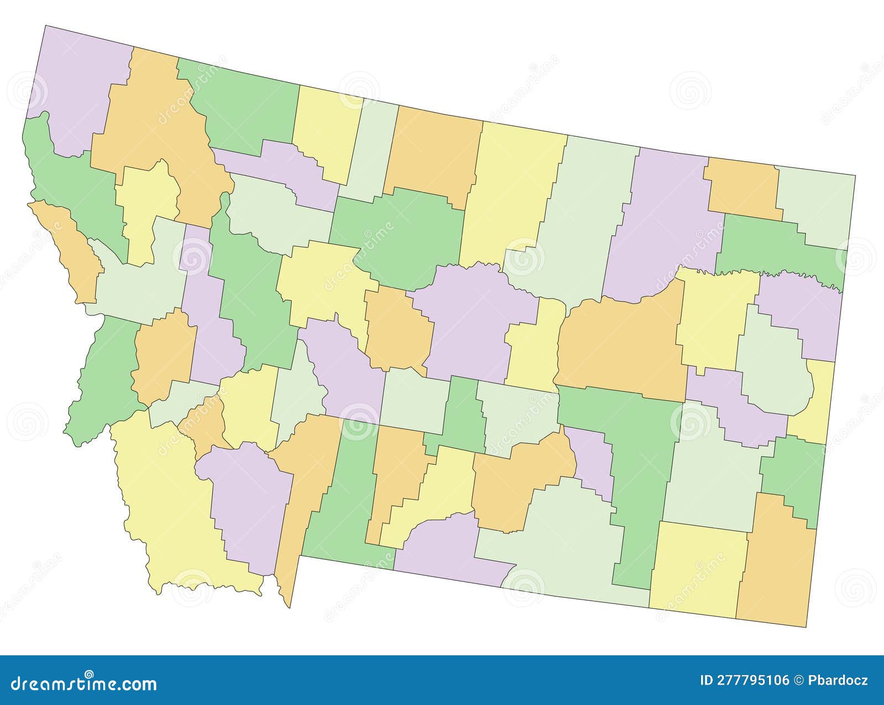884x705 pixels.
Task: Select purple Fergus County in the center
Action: [470, 320]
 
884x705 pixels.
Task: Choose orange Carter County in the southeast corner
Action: [776, 563]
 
